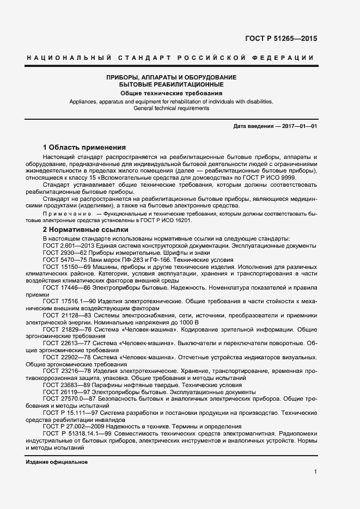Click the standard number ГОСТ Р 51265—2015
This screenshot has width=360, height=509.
coord(281,39)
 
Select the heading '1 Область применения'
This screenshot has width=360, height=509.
coord(84,148)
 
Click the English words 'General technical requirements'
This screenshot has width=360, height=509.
coord(172,108)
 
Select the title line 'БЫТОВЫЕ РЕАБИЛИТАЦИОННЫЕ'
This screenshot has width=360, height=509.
coord(172,85)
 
